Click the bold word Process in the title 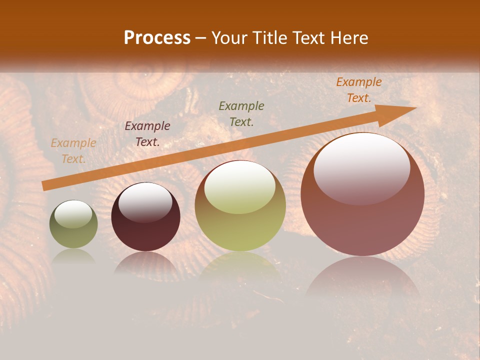point(157,38)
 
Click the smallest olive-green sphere point(73,224)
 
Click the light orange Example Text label point(73,151)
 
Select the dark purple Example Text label point(147,134)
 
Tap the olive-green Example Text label point(241,113)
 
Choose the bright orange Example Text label point(358,90)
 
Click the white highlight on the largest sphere point(361,168)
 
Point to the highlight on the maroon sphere point(145,202)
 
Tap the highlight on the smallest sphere point(73,214)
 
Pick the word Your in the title point(229,38)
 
